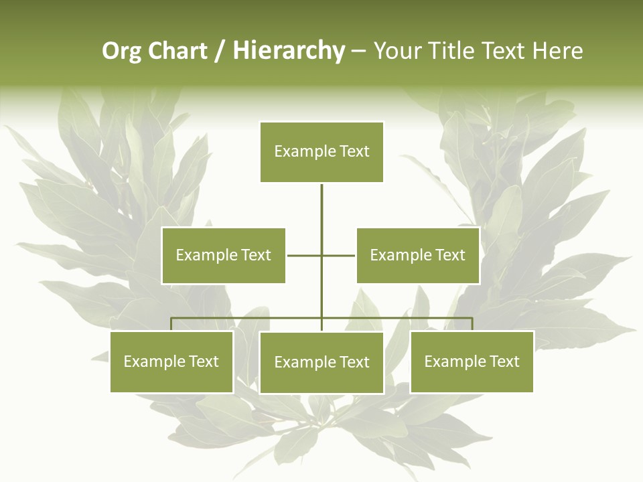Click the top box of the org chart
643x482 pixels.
(321, 152)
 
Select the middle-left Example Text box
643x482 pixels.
(223, 255)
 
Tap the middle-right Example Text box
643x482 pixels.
(417, 255)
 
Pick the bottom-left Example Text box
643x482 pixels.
(171, 361)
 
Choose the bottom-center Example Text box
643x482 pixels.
(321, 362)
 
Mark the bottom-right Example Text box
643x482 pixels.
(472, 361)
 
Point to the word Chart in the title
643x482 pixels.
(177, 52)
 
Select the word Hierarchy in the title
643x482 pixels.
(289, 52)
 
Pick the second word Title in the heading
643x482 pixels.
(453, 52)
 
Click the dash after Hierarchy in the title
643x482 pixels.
(358, 52)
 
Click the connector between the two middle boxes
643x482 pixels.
(321, 255)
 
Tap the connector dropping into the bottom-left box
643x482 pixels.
(171, 324)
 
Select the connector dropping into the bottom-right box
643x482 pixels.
(472, 324)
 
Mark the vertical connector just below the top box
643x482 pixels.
(321, 204)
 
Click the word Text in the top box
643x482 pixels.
(354, 152)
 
